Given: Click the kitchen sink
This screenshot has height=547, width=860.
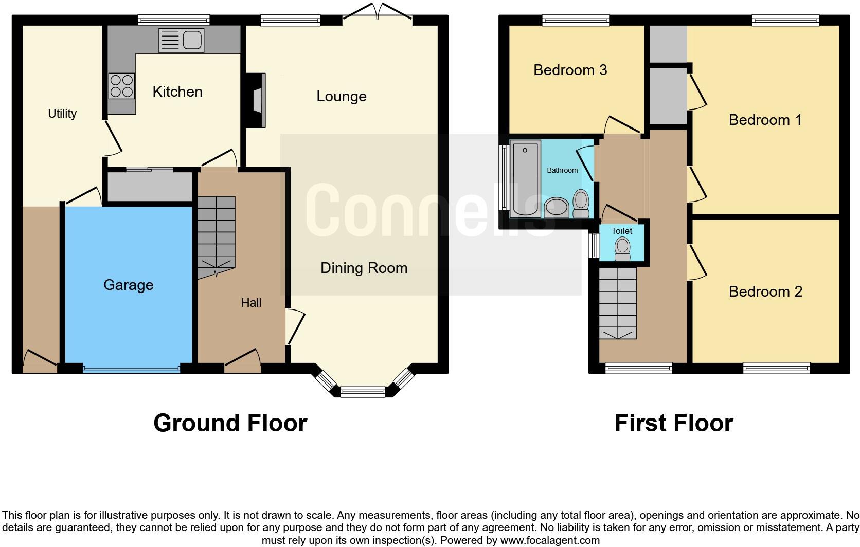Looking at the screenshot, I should pyautogui.click(x=181, y=40).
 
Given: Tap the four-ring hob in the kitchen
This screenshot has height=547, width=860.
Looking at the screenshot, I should pyautogui.click(x=122, y=86).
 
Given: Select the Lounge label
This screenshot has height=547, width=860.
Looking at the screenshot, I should pyautogui.click(x=341, y=96).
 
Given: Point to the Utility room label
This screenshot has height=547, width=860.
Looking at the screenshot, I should pyautogui.click(x=62, y=114).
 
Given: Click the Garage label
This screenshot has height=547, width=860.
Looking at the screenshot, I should pyautogui.click(x=128, y=285).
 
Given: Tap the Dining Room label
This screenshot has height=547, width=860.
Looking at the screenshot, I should pyautogui.click(x=364, y=268).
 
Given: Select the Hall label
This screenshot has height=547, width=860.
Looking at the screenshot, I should pyautogui.click(x=251, y=303).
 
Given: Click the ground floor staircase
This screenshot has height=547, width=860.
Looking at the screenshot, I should pyautogui.click(x=216, y=236).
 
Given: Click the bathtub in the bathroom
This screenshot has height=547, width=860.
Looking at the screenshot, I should pyautogui.click(x=525, y=177).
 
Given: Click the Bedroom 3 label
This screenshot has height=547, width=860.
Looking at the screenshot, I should pyautogui.click(x=570, y=70).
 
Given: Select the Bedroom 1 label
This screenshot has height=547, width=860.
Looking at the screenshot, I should pyautogui.click(x=765, y=120).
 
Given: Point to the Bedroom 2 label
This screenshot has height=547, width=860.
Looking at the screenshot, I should pyautogui.click(x=765, y=291).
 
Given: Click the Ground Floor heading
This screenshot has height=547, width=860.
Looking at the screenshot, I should pyautogui.click(x=230, y=423).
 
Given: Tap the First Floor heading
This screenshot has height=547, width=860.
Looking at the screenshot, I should pyautogui.click(x=673, y=423).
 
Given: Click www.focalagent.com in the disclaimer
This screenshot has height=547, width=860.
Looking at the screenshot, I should pyautogui.click(x=549, y=540).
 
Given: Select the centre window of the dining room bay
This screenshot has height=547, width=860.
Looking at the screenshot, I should pyautogui.click(x=363, y=392).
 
